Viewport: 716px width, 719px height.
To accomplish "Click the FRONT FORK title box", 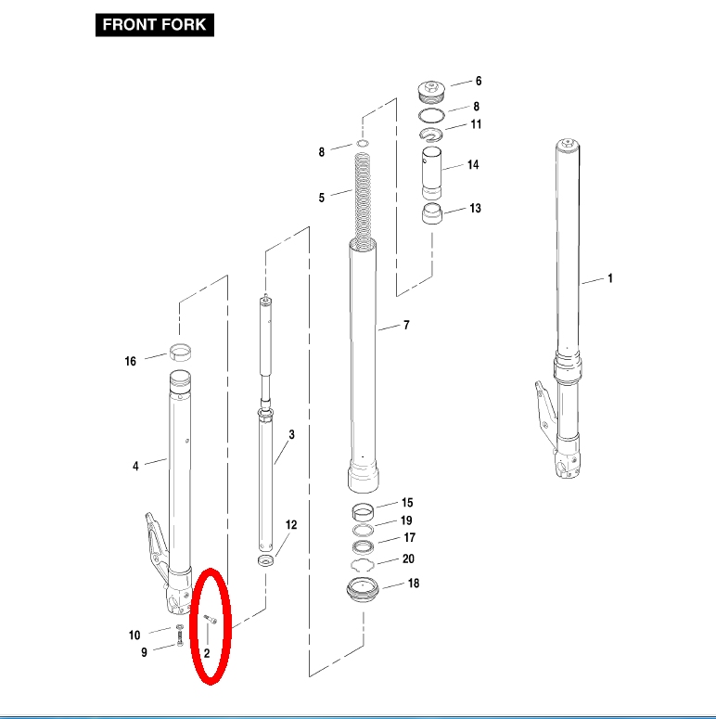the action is (x=155, y=25).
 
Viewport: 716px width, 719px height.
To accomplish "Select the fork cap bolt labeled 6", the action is (x=432, y=92).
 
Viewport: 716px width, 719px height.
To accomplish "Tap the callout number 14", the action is (x=473, y=164).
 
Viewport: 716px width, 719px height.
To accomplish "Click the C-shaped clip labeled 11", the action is (x=431, y=135).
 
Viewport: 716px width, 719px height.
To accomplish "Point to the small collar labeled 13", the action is (x=432, y=214).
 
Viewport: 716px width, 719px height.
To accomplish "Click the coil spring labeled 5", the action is (x=363, y=200).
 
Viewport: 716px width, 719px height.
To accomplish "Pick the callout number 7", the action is (x=406, y=325).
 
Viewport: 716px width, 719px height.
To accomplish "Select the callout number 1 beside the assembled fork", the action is (x=610, y=278).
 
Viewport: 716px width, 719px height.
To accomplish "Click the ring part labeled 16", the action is (x=180, y=353).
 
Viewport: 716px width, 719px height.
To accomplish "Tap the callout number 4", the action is (x=135, y=467).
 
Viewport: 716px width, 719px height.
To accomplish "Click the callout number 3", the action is (x=291, y=434).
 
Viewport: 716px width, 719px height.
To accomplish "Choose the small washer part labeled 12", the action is (x=265, y=559).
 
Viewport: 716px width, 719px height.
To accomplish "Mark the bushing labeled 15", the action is (x=363, y=512).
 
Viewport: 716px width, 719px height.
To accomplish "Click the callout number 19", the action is (x=406, y=520).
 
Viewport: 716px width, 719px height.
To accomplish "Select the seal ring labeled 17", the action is (x=363, y=547).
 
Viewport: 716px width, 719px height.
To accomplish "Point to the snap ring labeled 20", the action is (x=363, y=565).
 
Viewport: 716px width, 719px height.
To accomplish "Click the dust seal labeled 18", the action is (x=363, y=590).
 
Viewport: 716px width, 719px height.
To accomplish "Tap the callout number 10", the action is (x=134, y=636).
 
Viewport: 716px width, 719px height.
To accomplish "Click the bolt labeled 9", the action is (x=179, y=638).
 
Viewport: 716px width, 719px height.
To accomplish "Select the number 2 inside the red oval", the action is (x=207, y=653).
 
